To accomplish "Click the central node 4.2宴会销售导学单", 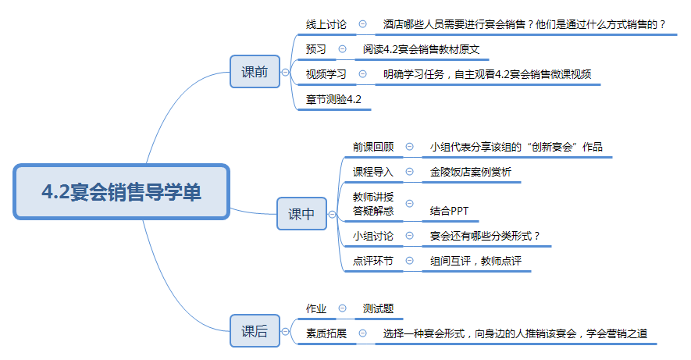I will (121, 191).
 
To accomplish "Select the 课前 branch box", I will (254, 73).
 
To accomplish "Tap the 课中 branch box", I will (301, 214).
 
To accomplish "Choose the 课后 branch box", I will (254, 331).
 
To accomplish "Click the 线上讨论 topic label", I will (326, 25).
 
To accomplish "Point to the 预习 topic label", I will (316, 49).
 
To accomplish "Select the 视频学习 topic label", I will (326, 75).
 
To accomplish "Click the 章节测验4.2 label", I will (333, 101).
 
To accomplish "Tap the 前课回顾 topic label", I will (373, 146).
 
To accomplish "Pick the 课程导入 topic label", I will (373, 171).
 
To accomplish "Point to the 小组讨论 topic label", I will (373, 235).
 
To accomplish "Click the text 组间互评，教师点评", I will (476, 261).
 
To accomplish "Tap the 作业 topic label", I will (316, 309).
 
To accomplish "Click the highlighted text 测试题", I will (378, 309).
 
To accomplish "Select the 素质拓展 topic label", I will (326, 333).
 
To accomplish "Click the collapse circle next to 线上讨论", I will (362, 25).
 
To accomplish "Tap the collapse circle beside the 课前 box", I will (286, 73).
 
